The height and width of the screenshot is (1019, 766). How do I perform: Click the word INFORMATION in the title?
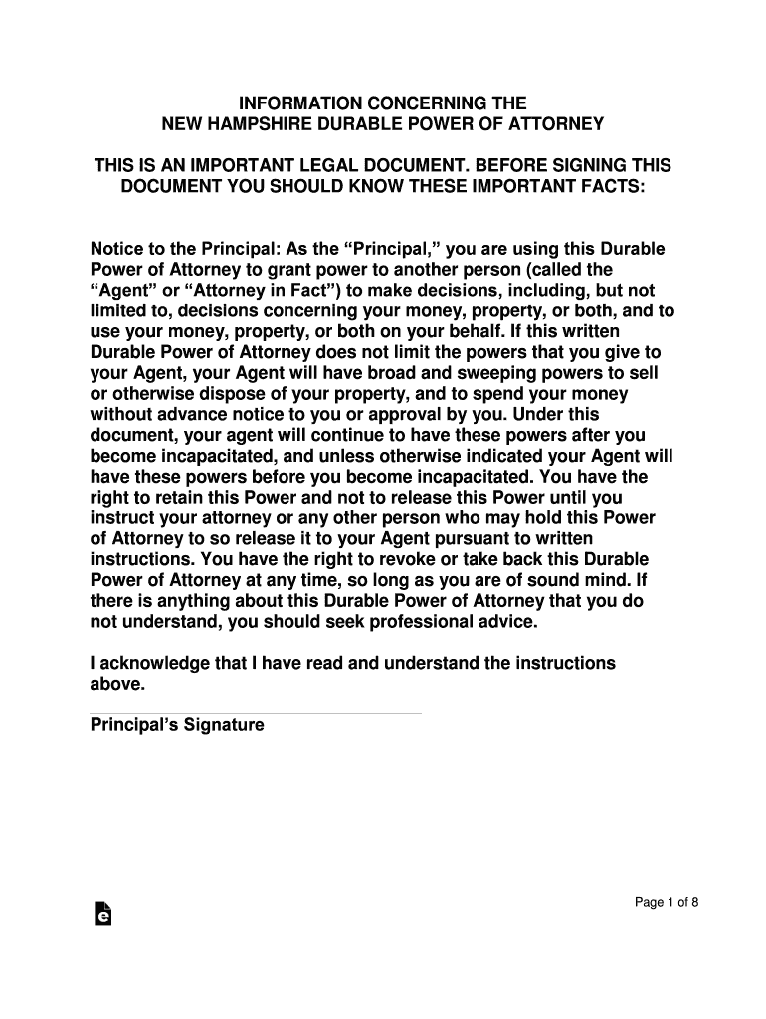[x=287, y=103]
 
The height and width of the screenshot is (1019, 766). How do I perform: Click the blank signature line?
[x=256, y=712]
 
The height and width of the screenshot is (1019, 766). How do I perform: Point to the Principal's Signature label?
[x=177, y=725]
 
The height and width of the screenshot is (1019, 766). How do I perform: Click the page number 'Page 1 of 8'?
[x=668, y=903]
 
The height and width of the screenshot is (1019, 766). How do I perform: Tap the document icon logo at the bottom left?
[x=101, y=915]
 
